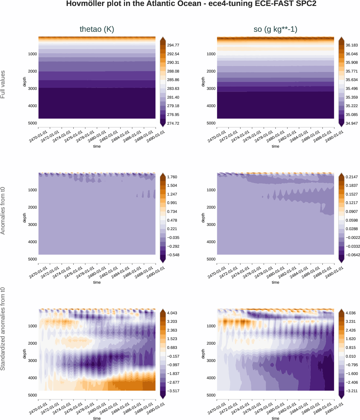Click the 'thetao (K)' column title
97,29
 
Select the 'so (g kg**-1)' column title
275,29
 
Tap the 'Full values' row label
3,84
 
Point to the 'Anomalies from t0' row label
3,211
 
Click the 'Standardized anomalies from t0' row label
3,329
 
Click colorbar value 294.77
173,45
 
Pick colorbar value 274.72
173,123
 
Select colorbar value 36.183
351,45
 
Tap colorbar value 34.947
351,123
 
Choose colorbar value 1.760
172,177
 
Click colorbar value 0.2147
351,177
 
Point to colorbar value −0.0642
353,255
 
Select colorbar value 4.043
172,313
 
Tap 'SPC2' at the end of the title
306,4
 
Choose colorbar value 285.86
173,80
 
